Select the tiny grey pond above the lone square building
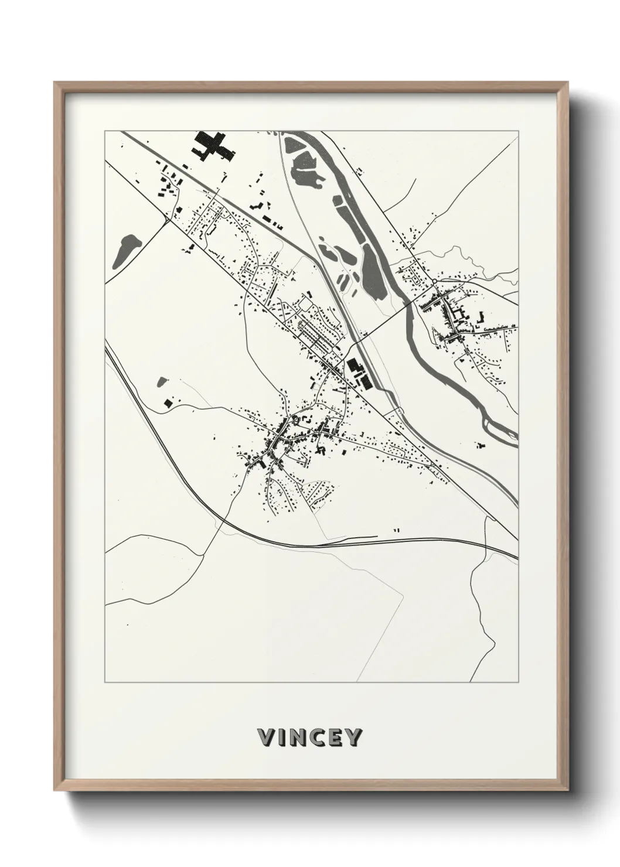(162, 382)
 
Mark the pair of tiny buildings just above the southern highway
(397, 530)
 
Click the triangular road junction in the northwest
(169, 219)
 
